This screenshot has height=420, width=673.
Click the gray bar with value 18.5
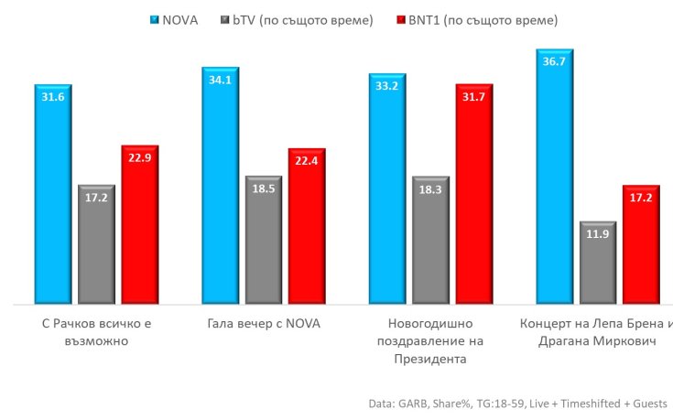[x=264, y=240]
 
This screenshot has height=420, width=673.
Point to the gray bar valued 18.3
[x=430, y=240]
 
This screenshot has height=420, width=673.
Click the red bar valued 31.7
[x=474, y=192]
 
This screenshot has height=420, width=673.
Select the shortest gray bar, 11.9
[x=598, y=262]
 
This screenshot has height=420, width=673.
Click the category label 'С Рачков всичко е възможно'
[x=97, y=333]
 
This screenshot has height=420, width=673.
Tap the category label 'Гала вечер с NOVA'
[x=264, y=325]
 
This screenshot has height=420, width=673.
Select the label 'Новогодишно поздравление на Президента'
[x=430, y=341]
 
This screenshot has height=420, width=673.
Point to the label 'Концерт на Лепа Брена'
[x=595, y=333]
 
